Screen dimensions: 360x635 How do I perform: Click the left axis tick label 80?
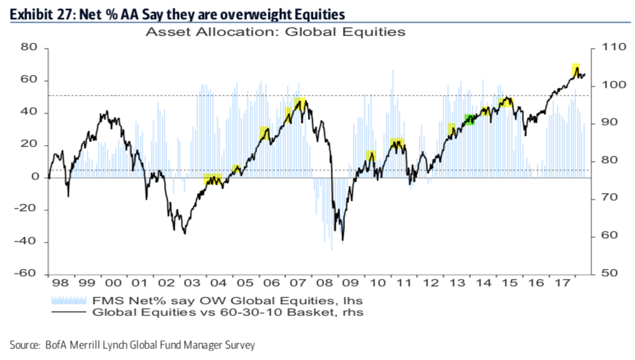[29, 47]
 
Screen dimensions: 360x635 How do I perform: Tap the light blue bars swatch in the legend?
[71, 300]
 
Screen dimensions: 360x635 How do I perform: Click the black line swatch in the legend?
[71, 313]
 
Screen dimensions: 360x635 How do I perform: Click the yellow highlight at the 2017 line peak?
[575, 69]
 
